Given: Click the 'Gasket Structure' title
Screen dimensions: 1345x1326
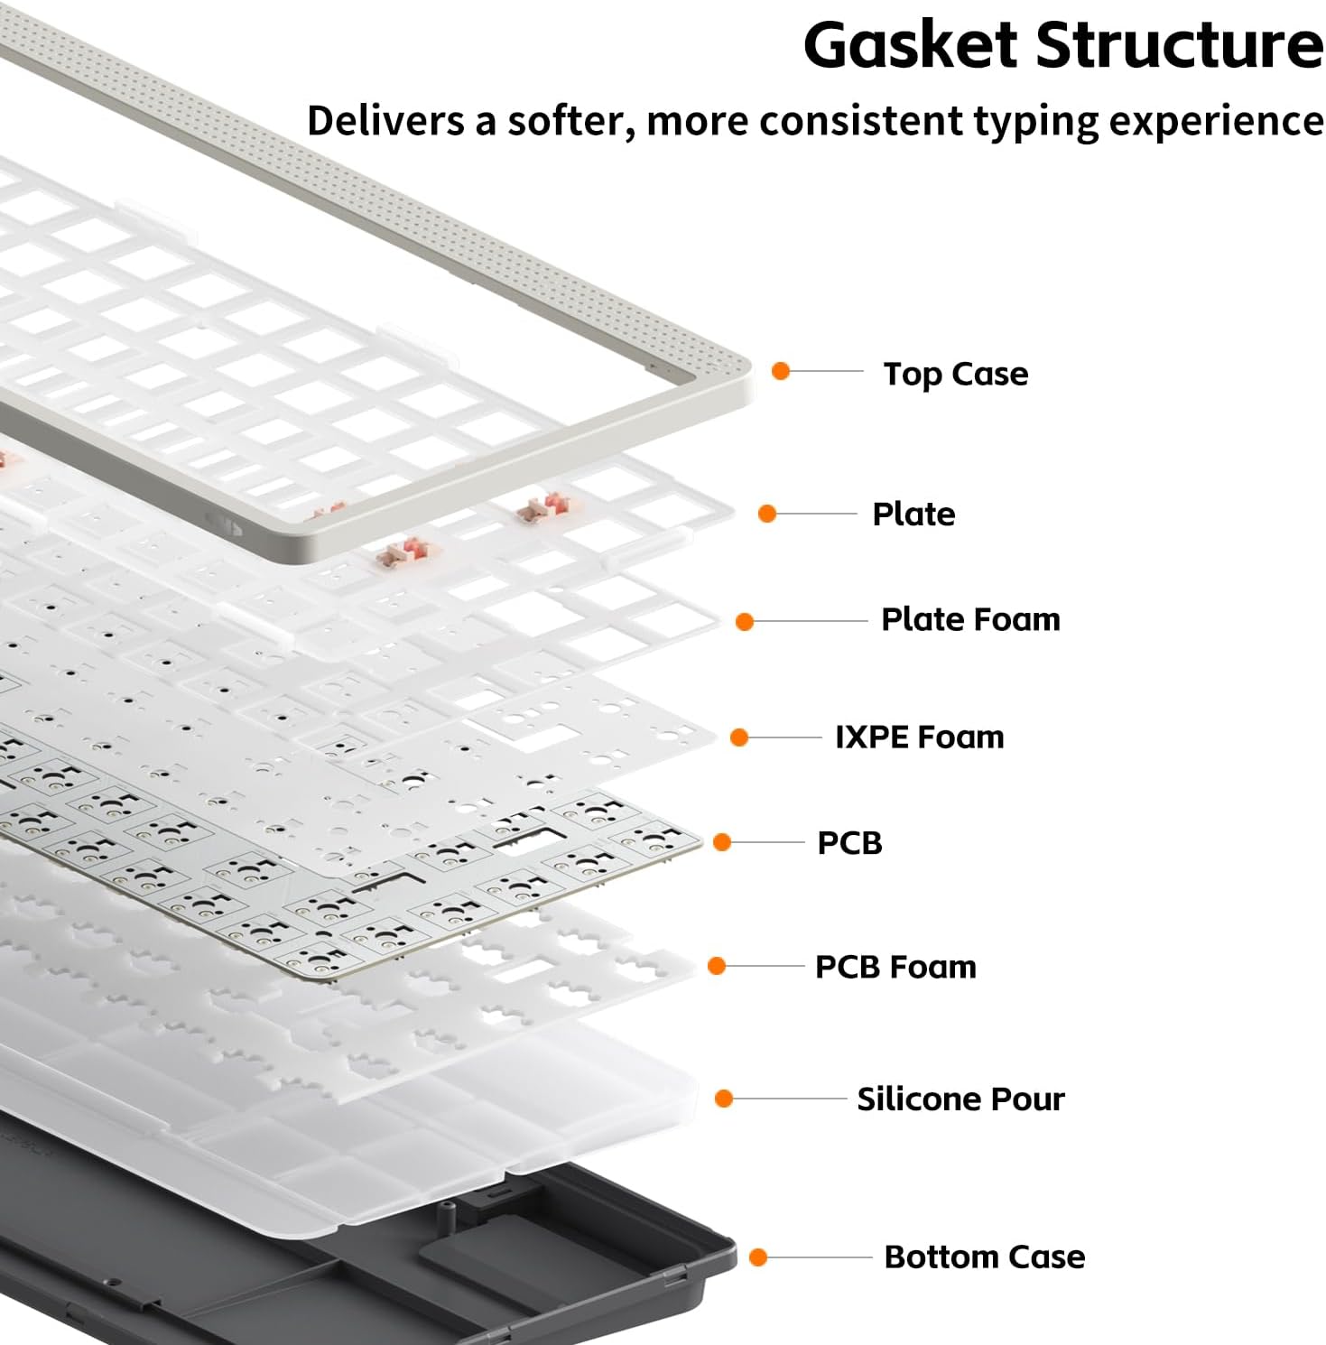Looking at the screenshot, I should point(1062,45).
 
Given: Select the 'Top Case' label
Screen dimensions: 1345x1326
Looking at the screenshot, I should point(955,374).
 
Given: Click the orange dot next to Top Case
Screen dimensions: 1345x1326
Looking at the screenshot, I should point(782,371).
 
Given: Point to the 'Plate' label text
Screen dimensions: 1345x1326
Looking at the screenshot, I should point(913,514).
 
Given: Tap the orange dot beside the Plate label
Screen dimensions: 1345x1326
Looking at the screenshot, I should point(767,514).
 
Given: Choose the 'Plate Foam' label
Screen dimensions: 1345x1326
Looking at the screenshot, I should point(970,620).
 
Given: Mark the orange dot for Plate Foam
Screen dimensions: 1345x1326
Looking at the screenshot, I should point(745,621).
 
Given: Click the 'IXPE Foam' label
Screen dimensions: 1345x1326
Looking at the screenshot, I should point(919,737).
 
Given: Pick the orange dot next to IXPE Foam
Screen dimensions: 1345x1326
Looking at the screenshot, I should point(740,737).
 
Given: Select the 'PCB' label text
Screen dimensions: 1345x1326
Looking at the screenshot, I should point(849,843).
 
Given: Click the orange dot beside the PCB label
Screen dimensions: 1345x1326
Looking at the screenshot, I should point(722,842).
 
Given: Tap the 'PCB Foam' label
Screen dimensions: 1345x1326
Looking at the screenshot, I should point(895,967).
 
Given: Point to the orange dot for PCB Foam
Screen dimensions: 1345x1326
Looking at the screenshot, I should point(717,966).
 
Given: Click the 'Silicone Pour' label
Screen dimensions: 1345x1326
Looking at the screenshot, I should point(960,1099).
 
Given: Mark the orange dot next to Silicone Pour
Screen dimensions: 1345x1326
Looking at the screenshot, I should point(723,1099).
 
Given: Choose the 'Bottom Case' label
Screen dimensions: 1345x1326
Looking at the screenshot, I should point(984,1257).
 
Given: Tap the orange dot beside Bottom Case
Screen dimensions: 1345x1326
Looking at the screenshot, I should point(758,1257).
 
